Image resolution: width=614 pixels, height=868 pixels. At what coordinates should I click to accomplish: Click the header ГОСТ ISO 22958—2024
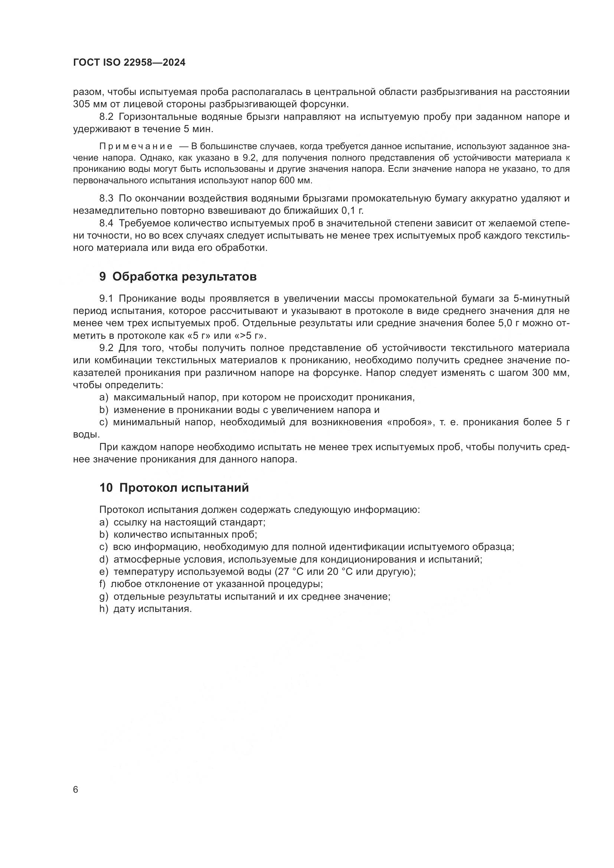[129, 63]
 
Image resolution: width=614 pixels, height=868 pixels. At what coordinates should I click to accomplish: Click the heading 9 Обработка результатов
[178, 277]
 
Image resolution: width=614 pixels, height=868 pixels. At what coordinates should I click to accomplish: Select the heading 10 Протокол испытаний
[174, 488]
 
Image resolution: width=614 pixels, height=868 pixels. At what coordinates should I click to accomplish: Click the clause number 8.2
[106, 117]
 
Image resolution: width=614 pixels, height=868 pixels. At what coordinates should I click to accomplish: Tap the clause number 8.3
[106, 199]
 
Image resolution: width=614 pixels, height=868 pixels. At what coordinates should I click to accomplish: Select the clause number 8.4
[106, 223]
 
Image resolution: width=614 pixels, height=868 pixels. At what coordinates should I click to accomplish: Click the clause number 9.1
[106, 299]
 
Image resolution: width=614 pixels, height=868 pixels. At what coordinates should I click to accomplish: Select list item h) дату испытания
[146, 609]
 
